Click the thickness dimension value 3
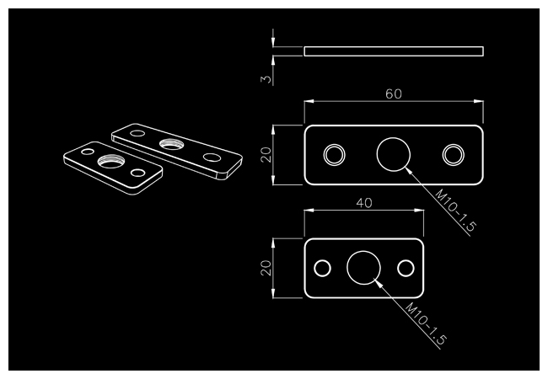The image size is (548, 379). pyautogui.click(x=266, y=79)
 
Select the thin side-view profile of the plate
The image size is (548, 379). pyautogui.click(x=393, y=51)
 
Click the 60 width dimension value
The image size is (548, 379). pyautogui.click(x=393, y=93)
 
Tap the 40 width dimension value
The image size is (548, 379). pyautogui.click(x=364, y=203)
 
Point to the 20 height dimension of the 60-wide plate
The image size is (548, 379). pyautogui.click(x=266, y=155)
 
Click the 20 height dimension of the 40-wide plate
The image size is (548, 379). pyautogui.click(x=266, y=268)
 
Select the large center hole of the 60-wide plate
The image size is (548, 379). pyautogui.click(x=393, y=155)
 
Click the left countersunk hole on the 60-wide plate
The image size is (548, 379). pyautogui.click(x=334, y=155)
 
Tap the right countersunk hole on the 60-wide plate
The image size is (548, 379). pyautogui.click(x=453, y=155)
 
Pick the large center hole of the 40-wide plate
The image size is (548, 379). pyautogui.click(x=364, y=268)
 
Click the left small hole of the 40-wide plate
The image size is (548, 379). pyautogui.click(x=322, y=268)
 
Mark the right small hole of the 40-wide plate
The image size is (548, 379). pyautogui.click(x=406, y=268)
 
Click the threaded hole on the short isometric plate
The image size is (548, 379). pyautogui.click(x=110, y=161)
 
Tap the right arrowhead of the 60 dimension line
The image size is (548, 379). pyautogui.click(x=480, y=101)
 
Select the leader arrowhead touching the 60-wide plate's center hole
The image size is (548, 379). pyautogui.click(x=409, y=170)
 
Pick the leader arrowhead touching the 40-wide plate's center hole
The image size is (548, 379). pyautogui.click(x=379, y=283)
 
